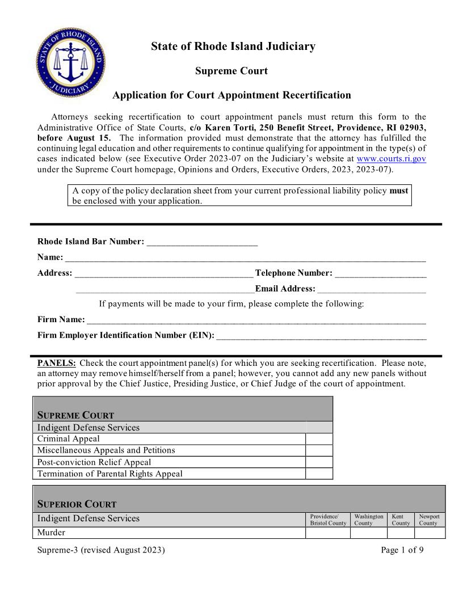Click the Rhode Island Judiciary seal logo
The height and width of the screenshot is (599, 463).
(70, 62)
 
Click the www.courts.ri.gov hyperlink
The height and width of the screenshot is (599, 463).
(391, 159)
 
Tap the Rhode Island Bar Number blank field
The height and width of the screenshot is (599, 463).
(202, 241)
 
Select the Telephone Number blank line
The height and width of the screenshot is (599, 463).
(380, 273)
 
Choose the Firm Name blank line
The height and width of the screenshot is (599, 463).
(256, 319)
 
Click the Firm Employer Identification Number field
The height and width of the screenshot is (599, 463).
(321, 335)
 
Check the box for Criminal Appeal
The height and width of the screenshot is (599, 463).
(319, 439)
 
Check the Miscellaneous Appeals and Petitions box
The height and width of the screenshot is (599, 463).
(319, 450)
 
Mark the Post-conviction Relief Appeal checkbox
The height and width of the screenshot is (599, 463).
(319, 462)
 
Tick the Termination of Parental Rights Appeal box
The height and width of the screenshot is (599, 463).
(319, 474)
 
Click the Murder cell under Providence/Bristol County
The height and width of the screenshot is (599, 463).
(328, 533)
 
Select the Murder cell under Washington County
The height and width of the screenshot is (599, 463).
(369, 533)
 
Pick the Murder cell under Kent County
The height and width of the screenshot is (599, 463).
(401, 533)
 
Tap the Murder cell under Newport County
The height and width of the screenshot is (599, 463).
(430, 533)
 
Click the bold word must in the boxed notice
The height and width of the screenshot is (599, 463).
(398, 191)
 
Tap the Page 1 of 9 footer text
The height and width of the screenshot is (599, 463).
(402, 550)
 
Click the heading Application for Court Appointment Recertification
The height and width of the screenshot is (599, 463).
(231, 95)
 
